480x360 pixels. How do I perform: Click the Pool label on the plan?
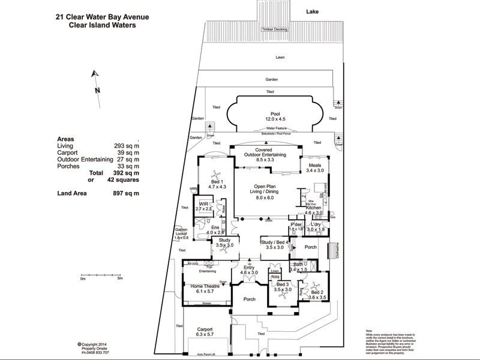[x=275, y=113]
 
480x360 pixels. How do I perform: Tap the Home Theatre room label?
[x=205, y=287]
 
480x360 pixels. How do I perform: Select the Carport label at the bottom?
[x=205, y=329]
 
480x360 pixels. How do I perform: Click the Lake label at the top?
[x=312, y=11]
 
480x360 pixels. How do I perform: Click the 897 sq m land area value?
[x=127, y=193]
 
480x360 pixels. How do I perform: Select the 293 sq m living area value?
[x=127, y=146]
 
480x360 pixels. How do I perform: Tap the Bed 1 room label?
[x=217, y=182]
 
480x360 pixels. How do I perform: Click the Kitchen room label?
[x=314, y=208]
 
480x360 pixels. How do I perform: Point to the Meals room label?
[x=316, y=165]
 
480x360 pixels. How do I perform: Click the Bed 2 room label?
[x=317, y=292]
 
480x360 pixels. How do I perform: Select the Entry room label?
[x=248, y=268]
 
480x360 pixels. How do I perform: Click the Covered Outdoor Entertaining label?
[x=265, y=152]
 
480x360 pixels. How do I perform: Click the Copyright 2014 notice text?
[x=95, y=344]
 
